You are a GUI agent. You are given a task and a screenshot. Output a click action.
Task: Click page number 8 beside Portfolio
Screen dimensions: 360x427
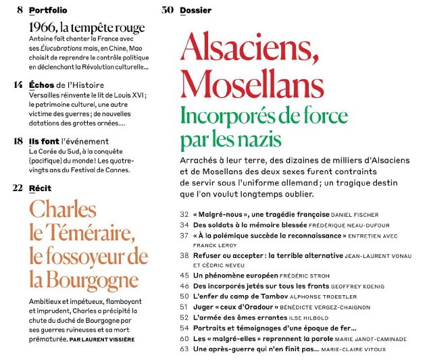coord(19,10)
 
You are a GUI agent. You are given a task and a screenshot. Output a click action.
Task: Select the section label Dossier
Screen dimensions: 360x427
coord(195,10)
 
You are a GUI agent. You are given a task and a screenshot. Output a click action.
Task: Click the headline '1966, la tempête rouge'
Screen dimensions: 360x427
coord(87,28)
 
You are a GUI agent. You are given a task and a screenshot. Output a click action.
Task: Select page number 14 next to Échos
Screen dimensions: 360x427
coord(18,85)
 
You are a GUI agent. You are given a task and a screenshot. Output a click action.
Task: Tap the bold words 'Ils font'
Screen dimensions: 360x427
coord(43,141)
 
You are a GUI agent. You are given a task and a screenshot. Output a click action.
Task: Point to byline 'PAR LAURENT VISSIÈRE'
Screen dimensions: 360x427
coord(103,339)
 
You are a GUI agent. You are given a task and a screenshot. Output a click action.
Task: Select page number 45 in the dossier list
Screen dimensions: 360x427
coord(184,276)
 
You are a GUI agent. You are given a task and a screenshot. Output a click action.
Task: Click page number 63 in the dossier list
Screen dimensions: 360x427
coord(184,349)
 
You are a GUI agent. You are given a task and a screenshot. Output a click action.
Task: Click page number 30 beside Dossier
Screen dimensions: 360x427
coord(168,10)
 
